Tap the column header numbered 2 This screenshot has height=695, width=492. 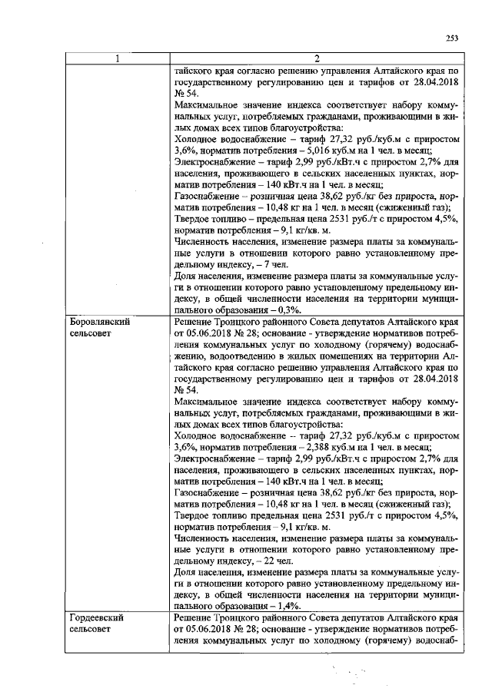point(317,58)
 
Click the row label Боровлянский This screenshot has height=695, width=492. point(98,323)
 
